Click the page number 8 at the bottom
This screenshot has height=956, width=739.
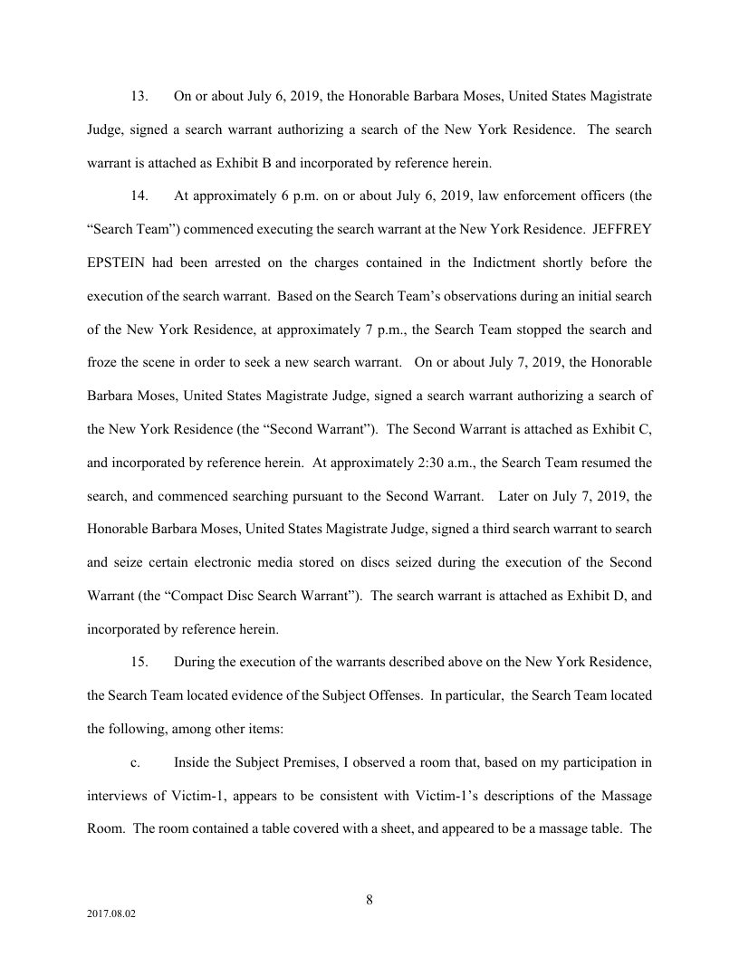(369, 899)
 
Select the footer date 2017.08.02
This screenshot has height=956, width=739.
(111, 914)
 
